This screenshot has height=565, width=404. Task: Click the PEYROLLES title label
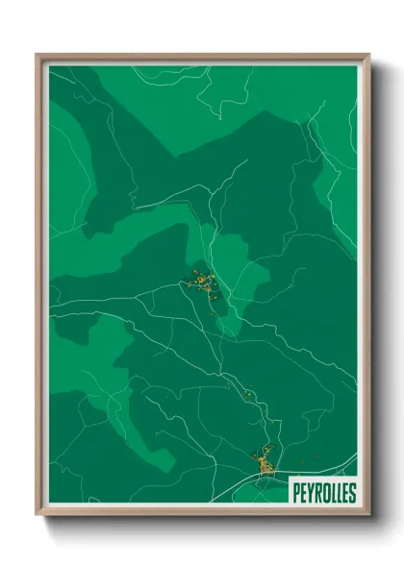tap(322, 493)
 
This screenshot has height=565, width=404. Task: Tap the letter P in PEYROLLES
tap(296, 493)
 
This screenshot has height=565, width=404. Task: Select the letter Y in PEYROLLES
tap(310, 493)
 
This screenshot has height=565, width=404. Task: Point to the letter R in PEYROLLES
tap(316, 493)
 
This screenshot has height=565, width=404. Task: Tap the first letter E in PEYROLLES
tap(303, 493)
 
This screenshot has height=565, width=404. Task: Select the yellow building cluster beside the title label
tap(265, 464)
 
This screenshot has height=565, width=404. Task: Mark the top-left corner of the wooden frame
tap(37, 55)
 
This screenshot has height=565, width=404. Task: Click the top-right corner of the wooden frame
tap(369, 55)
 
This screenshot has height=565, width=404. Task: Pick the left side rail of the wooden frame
tap(39, 288)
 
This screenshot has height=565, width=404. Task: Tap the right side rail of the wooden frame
tap(366, 288)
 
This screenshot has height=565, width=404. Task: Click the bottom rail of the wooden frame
tap(202, 515)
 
